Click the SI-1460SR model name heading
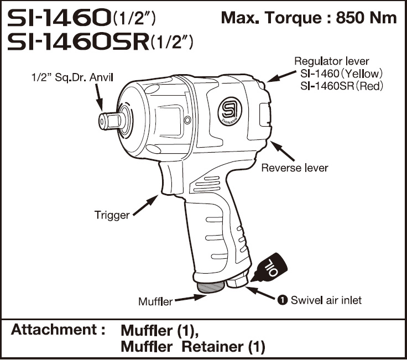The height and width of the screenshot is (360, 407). click(x=77, y=43)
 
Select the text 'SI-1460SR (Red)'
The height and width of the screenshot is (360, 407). click(x=341, y=86)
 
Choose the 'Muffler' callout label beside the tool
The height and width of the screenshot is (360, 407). click(x=155, y=302)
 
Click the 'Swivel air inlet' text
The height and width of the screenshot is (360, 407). click(x=326, y=300)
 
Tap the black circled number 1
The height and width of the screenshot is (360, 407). click(x=282, y=300)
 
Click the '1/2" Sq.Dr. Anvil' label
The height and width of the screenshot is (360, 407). click(x=72, y=78)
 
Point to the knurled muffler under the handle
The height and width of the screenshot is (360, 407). click(x=211, y=285)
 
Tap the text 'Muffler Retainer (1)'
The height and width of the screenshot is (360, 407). click(x=192, y=347)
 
